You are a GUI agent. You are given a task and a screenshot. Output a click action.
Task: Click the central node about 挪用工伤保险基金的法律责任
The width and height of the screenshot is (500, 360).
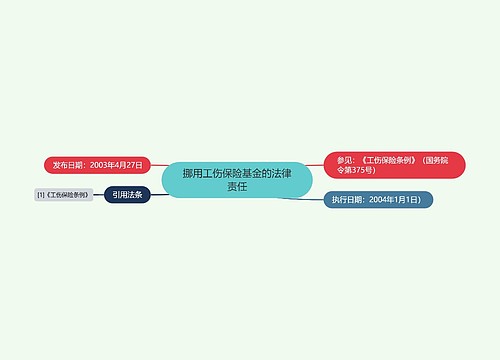(x=237, y=179)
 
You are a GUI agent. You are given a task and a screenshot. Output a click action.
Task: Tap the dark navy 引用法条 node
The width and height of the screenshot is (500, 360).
(x=127, y=195)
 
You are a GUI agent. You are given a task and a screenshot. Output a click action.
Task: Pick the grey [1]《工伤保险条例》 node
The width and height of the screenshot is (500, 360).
(x=62, y=195)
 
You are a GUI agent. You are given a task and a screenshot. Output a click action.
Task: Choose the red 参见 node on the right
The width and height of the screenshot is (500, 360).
(x=394, y=165)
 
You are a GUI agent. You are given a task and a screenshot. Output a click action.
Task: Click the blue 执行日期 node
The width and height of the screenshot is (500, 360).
(x=378, y=199)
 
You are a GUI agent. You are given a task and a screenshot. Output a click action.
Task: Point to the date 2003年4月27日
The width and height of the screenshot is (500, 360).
(x=114, y=163)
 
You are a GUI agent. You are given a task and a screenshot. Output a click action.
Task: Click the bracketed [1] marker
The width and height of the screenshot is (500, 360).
(x=40, y=195)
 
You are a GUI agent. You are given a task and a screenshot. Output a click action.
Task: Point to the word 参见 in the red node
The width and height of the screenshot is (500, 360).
(x=345, y=159)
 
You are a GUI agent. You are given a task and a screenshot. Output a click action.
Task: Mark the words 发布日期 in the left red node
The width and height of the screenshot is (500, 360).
(x=69, y=163)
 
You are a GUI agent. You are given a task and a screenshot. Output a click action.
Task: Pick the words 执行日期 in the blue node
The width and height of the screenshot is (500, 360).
(x=349, y=199)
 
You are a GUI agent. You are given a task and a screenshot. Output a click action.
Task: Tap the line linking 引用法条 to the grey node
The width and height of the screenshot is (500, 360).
(x=98, y=195)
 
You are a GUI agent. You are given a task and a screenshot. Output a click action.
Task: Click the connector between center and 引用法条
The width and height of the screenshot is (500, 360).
(x=157, y=193)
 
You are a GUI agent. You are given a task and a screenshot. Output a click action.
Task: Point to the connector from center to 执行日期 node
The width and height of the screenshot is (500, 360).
(x=300, y=197)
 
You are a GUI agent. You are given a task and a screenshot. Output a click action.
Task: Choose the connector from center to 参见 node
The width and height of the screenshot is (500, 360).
(x=317, y=165)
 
